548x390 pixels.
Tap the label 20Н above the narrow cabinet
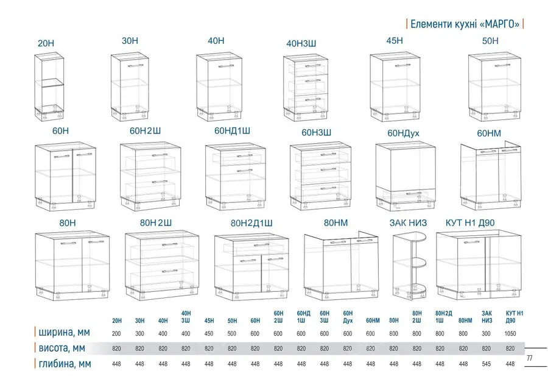point(46,43)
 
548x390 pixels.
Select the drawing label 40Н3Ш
point(301,43)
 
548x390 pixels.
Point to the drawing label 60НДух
point(403,133)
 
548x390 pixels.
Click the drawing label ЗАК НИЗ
point(408,223)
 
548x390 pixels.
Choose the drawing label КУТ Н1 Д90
point(470,223)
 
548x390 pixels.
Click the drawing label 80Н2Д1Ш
point(251,223)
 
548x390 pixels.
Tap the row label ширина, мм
point(65,332)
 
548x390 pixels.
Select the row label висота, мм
point(62,348)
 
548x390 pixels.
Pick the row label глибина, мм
point(65,364)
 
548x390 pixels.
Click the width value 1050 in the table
point(510,334)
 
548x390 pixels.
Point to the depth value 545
point(486,364)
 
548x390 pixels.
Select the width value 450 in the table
point(209,334)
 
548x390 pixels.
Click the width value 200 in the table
point(116,334)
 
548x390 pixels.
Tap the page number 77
point(530,358)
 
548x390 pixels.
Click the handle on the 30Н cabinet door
point(136,65)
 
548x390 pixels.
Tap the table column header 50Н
point(232,321)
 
